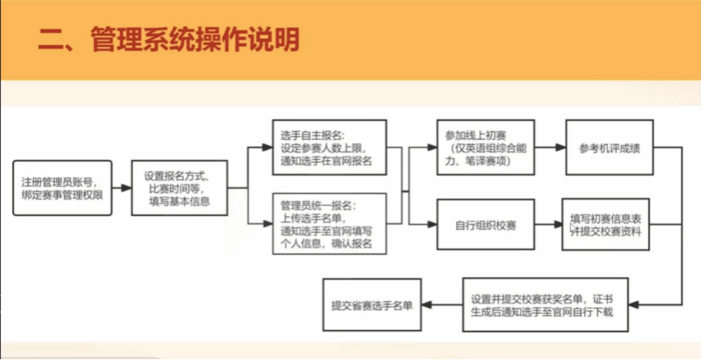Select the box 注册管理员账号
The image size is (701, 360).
point(62,188)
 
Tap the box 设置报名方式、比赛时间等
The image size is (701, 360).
point(180,188)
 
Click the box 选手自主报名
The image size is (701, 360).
point(329,147)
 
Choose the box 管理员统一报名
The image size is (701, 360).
point(329,224)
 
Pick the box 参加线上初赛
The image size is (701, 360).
point(485,147)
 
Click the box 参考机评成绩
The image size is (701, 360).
point(610,147)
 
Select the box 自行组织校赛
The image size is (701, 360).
point(485,224)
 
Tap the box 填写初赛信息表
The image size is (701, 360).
point(606,224)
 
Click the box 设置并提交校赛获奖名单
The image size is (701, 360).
point(545,305)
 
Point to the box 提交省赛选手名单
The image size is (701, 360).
point(372,305)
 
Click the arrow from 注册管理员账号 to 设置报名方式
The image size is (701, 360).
point(122,188)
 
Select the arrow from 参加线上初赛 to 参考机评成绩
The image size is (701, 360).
point(550,147)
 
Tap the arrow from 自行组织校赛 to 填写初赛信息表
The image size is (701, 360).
point(549,224)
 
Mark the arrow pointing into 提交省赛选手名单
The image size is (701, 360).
point(442,305)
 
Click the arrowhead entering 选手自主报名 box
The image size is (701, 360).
point(268,147)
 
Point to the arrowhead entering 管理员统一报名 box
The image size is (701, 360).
point(268,224)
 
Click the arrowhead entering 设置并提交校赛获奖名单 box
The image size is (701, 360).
point(634,305)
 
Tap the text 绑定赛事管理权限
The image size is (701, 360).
point(62,195)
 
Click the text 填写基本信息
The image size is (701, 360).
point(179,202)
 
